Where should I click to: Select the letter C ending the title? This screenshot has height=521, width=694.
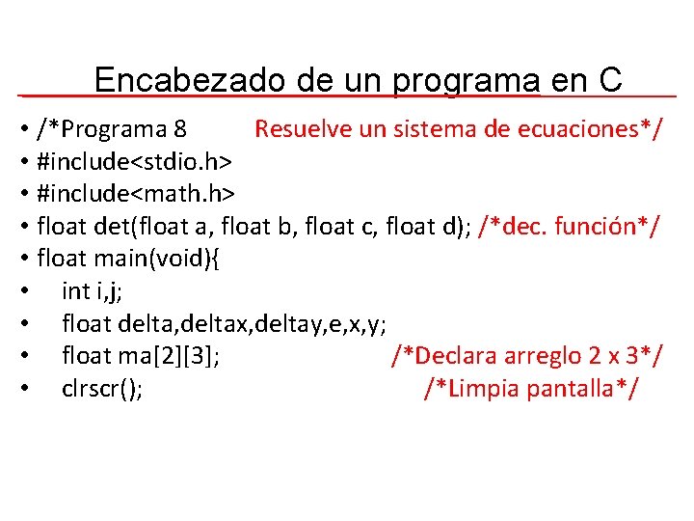(610, 80)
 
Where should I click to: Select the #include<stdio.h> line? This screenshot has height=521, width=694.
(135, 160)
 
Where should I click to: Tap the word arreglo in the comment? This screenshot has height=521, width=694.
(536, 356)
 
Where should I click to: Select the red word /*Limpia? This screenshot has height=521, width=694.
(467, 389)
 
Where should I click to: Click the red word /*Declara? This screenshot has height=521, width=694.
(440, 356)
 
